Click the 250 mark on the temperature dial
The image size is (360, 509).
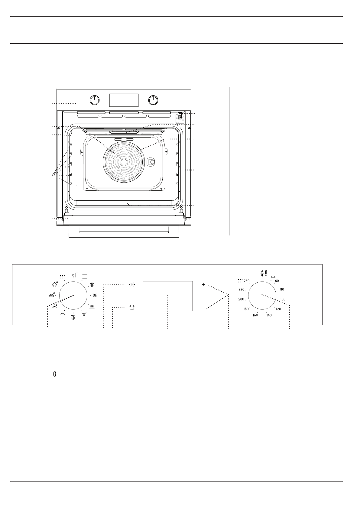247,281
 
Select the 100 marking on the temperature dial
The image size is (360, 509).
283,299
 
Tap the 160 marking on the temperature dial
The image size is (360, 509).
255,315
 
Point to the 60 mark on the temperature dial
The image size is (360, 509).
277,281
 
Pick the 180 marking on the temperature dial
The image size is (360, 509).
246,309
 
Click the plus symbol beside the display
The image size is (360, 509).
203,285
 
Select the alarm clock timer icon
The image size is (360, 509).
132,308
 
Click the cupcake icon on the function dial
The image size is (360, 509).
54,284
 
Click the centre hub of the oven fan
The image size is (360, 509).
124,162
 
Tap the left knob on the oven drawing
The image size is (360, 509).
95,100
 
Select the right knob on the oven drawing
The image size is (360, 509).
153,100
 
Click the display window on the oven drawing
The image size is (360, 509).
124,100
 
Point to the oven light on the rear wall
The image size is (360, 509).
151,162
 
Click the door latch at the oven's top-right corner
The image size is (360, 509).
180,116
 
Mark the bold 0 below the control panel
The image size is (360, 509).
55,374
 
